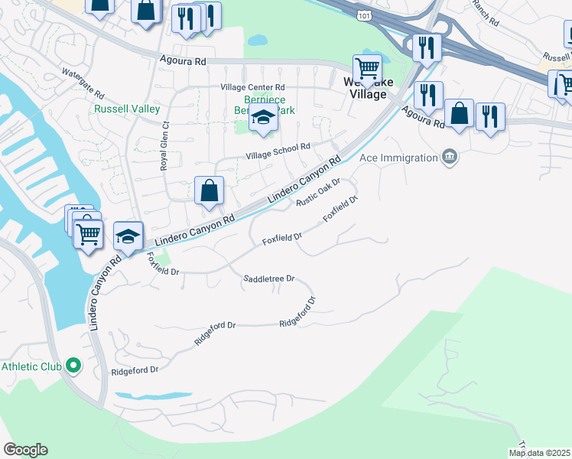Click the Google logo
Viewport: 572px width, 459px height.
pyautogui.click(x=25, y=450)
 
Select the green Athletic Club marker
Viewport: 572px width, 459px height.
pyautogui.click(x=73, y=366)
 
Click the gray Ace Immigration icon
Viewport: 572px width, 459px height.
pyautogui.click(x=450, y=158)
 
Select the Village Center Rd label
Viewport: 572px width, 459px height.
pyautogui.click(x=252, y=88)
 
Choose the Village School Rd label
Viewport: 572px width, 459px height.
pyautogui.click(x=277, y=151)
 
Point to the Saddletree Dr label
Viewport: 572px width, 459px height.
pyautogui.click(x=268, y=279)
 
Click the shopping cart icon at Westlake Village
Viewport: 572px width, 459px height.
pyautogui.click(x=367, y=68)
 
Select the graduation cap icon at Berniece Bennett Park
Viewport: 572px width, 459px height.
pyautogui.click(x=262, y=119)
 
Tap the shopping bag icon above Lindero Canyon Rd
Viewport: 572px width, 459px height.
pyautogui.click(x=209, y=190)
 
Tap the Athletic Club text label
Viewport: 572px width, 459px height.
pyautogui.click(x=31, y=366)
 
